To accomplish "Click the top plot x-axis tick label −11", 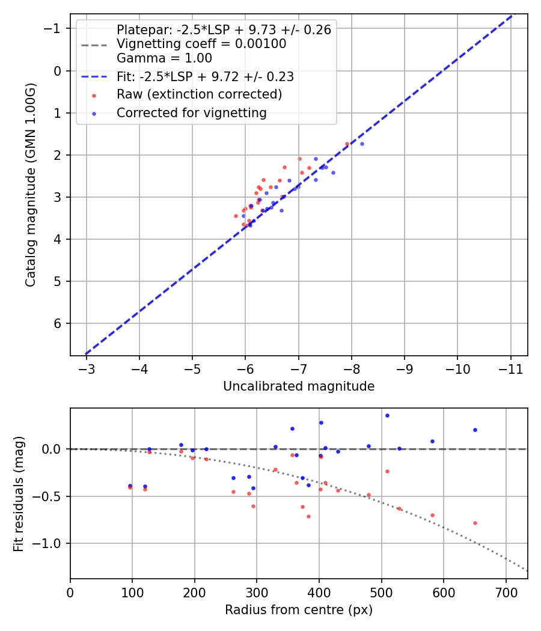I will click(510, 367).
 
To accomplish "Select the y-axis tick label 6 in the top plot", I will click(58, 323).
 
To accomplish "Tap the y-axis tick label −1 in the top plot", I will click(55, 29).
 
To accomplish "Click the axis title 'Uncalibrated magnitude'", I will click(299, 386).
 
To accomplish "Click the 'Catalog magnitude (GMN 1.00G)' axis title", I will click(31, 185).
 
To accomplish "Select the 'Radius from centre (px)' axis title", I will click(299, 610).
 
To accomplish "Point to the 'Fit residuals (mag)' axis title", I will click(19, 493).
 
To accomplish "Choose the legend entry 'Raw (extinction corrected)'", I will click(199, 94).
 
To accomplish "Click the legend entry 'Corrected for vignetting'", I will click(191, 112).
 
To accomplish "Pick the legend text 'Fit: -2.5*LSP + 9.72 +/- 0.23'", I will click(205, 77).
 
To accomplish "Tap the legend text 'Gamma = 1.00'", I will click(164, 58).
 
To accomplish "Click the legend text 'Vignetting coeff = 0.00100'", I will click(201, 44).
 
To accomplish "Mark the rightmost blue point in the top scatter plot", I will click(362, 144).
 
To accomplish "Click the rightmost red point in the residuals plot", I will click(475, 523).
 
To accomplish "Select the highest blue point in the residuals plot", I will click(387, 415).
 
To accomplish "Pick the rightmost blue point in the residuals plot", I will click(475, 430).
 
